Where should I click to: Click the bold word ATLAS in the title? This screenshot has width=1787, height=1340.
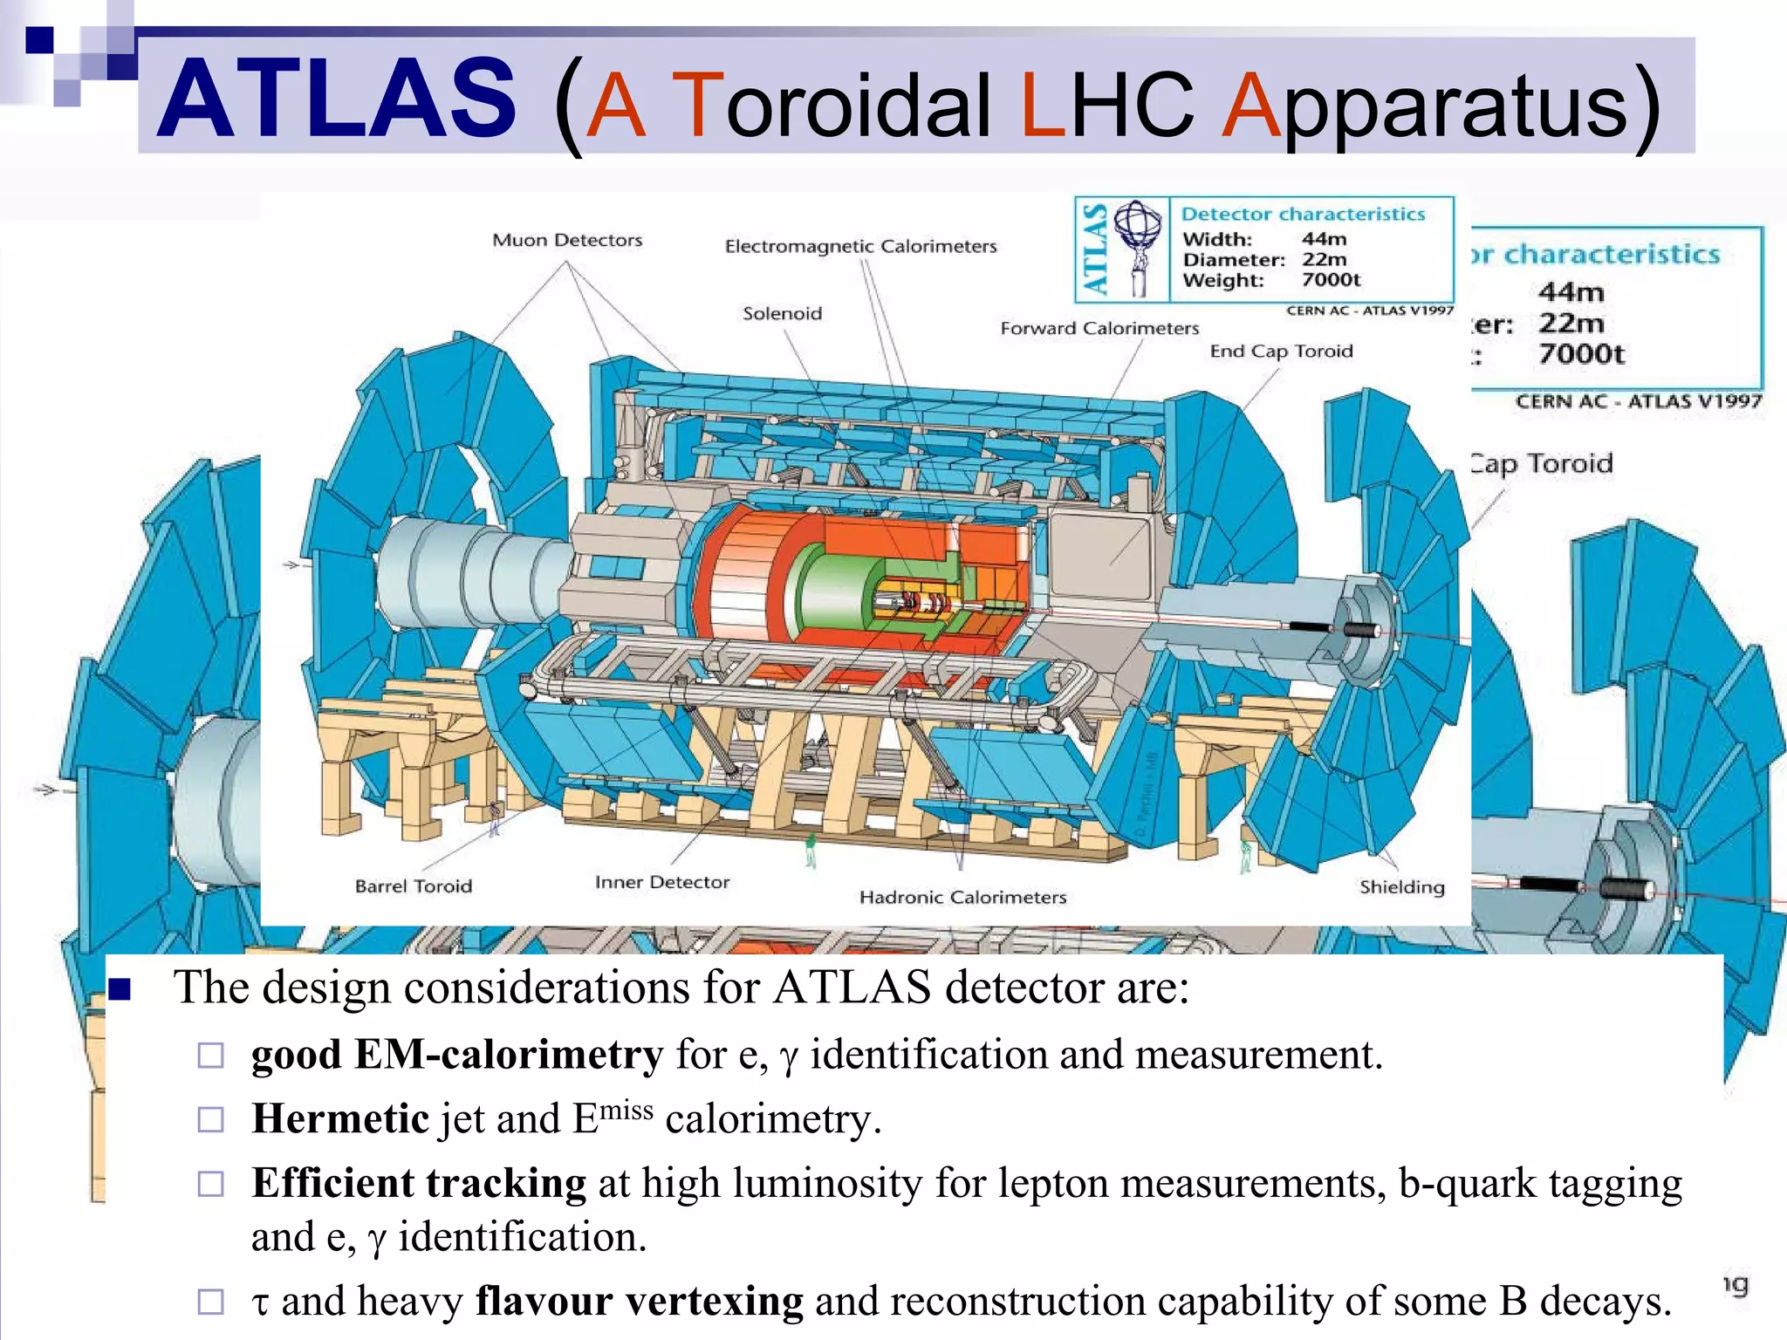coord(337,99)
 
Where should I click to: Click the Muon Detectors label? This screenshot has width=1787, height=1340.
coord(567,240)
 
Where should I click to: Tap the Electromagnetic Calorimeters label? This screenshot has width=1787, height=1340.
coord(860,246)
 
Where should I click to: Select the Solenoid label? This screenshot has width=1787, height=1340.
coord(782,313)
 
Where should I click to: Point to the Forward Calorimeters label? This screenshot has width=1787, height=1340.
coord(1099,328)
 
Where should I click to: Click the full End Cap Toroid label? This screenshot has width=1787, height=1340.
coord(1281,351)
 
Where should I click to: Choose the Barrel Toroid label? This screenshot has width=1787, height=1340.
coord(414,886)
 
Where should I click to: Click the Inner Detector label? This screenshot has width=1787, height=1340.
coord(662,882)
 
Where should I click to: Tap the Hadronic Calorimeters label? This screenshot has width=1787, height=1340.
coord(962,897)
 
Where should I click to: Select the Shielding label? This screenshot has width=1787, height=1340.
coord(1401,887)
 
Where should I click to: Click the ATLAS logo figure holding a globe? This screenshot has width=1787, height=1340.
coord(1139,247)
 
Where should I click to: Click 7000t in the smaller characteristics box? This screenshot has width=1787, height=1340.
coord(1331,280)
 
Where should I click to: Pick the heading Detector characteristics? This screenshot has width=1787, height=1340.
coord(1303,215)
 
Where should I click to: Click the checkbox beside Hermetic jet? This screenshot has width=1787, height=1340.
coord(211,1119)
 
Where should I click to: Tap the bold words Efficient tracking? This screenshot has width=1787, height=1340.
coord(419,1184)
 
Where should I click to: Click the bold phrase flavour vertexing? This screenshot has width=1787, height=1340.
coord(639,1301)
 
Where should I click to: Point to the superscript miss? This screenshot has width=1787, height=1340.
coord(626,1111)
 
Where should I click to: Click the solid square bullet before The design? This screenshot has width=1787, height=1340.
coord(120,988)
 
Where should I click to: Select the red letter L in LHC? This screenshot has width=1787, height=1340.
coord(1043,105)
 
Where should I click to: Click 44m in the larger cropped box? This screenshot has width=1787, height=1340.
coord(1571,291)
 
